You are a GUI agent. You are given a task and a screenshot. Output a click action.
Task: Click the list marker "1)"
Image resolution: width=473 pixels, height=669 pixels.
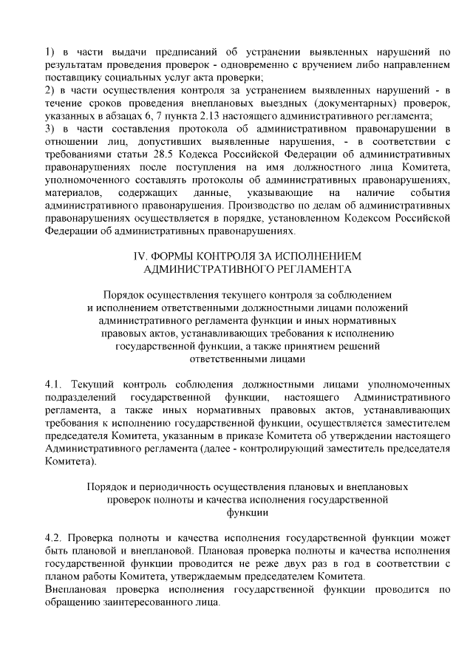point(50,51)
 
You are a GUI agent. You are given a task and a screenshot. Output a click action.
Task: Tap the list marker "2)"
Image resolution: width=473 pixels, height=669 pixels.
point(50,90)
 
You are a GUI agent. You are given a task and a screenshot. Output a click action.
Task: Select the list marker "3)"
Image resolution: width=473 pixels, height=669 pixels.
point(50,129)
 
